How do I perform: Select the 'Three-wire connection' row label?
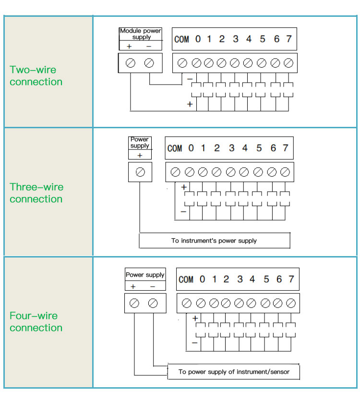[36, 193]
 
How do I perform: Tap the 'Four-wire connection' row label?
[36, 322]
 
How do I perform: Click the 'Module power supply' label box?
[140, 34]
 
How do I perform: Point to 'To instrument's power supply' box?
[214, 241]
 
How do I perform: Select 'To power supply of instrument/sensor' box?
[234, 372]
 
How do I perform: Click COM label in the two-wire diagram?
[181, 39]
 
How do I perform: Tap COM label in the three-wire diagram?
[175, 148]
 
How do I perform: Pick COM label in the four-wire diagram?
[186, 280]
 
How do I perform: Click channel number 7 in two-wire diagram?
[288, 39]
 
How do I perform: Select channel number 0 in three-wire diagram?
[191, 148]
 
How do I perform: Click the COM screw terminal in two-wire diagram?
[182, 63]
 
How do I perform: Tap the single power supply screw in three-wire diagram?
[140, 172]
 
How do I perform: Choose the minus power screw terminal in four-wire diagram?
[153, 303]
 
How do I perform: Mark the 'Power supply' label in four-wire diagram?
[145, 275]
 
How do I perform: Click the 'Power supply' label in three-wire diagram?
[140, 143]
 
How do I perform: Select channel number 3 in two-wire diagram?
[235, 39]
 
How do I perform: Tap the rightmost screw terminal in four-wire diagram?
[290, 303]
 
